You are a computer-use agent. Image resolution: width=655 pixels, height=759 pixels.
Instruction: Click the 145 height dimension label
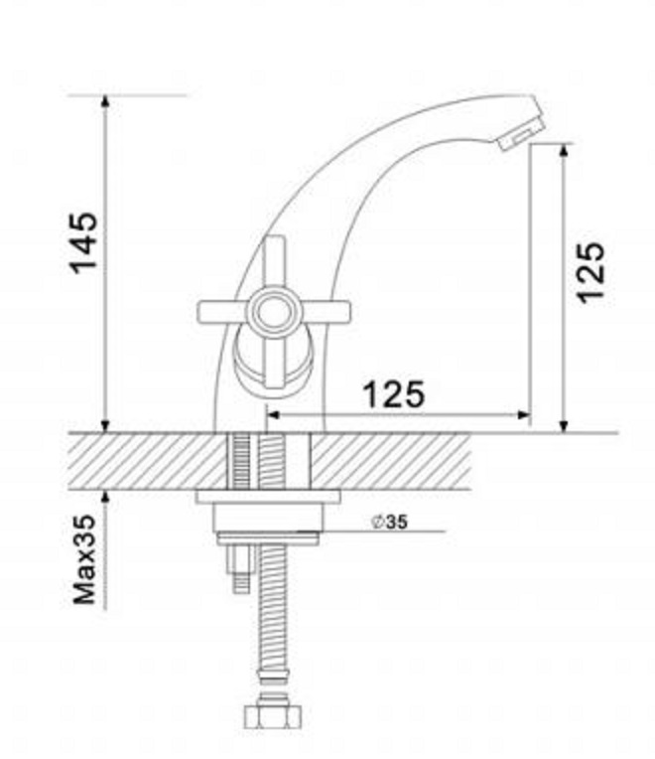point(84,242)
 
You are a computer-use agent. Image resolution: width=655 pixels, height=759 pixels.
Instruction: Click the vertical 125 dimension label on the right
point(591,272)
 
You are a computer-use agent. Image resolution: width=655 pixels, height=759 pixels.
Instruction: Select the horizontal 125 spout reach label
point(394,394)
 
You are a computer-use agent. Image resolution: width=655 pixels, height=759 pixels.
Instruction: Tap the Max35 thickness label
point(84,559)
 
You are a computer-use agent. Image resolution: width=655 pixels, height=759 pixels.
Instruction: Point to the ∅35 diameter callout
point(390,522)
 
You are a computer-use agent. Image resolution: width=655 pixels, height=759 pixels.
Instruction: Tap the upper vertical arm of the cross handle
point(276,261)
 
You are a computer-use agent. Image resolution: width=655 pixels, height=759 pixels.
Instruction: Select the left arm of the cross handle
point(223,312)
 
